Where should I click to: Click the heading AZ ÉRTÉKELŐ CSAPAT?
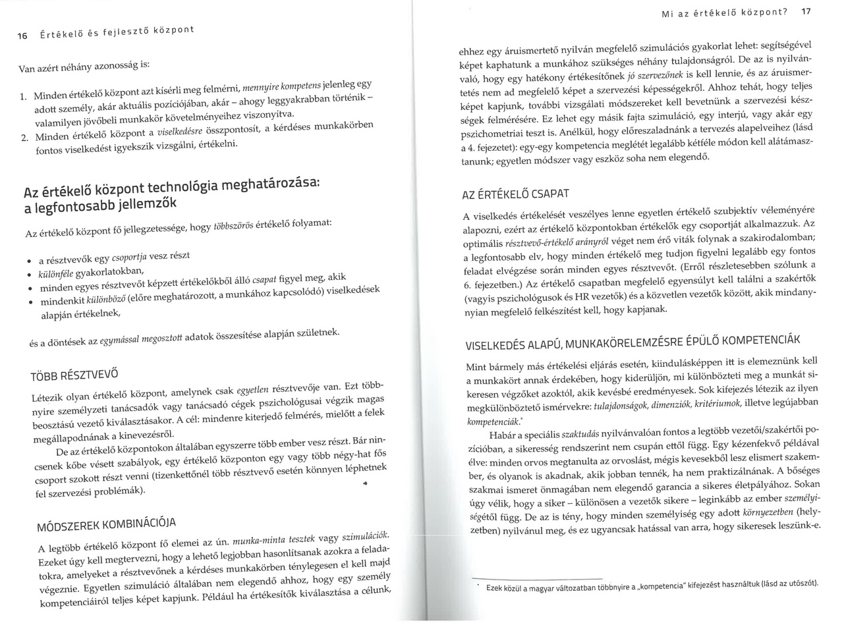(x=516, y=194)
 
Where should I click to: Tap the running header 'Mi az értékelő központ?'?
(x=727, y=12)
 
